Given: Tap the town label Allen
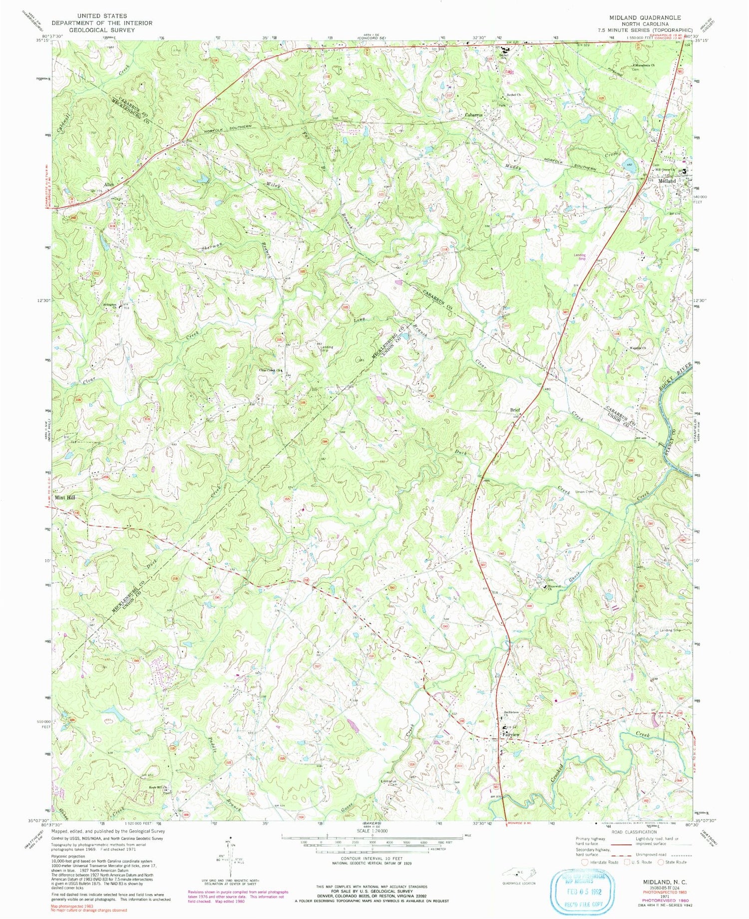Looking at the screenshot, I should [x=108, y=185].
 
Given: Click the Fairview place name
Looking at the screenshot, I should [x=511, y=735].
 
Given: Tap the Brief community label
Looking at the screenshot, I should [x=515, y=410].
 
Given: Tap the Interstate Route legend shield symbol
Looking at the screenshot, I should [x=585, y=862].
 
